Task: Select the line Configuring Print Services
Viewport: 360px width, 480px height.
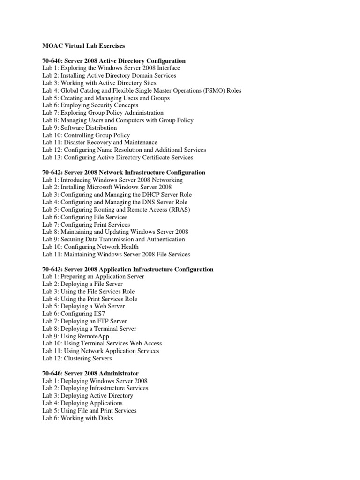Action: coord(86,225)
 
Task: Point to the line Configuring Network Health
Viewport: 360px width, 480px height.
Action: coord(90,247)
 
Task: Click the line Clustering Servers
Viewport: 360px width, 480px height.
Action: coord(77,359)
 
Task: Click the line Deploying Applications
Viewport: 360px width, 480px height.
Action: coord(82,403)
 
